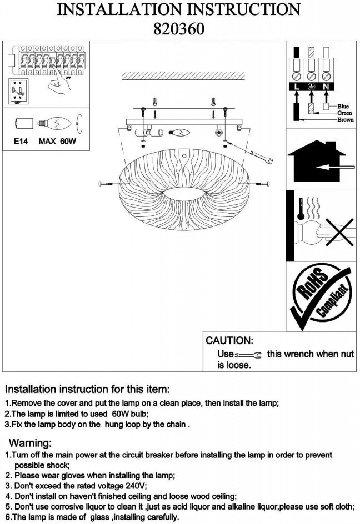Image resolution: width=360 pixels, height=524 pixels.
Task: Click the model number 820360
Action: click(x=179, y=28)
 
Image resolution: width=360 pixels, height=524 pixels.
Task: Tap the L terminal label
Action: click(x=297, y=87)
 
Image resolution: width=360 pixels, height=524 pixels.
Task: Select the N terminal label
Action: click(x=327, y=87)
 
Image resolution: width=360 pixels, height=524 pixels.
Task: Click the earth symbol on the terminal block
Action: click(x=312, y=87)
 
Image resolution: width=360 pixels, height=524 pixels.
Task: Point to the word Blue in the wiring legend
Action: click(x=343, y=106)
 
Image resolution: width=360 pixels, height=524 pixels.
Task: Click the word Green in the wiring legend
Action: click(x=344, y=113)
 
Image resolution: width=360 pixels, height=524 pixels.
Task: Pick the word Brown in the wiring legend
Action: click(x=345, y=119)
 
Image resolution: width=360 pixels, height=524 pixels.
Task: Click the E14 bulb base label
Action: click(x=22, y=142)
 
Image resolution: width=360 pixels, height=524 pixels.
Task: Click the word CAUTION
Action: click(x=229, y=340)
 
